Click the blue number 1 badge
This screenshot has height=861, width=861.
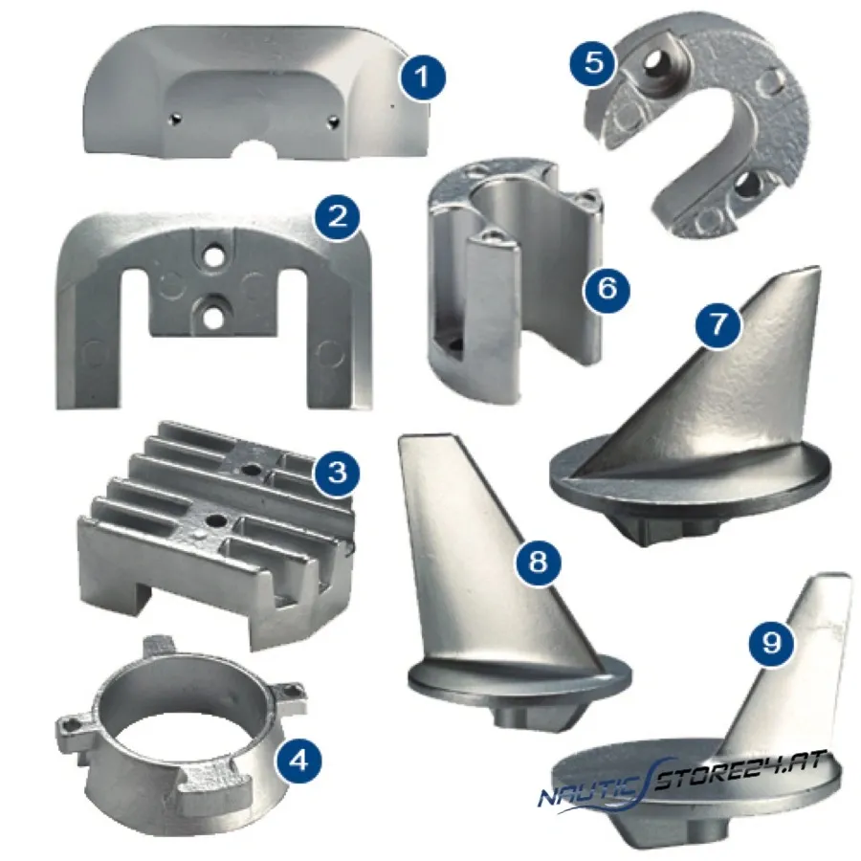[x=422, y=77]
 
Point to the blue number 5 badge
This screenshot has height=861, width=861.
[x=593, y=63]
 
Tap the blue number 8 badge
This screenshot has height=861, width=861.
[x=538, y=562]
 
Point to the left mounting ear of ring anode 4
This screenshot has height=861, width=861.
[x=73, y=731]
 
